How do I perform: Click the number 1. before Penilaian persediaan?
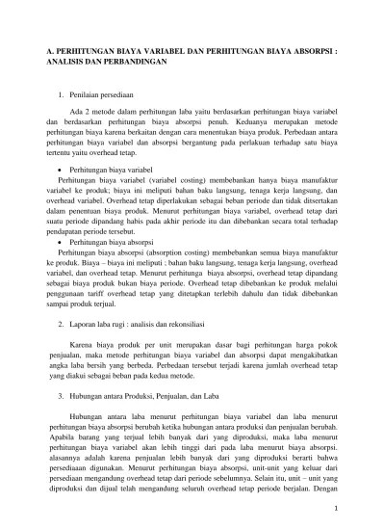point(62,96)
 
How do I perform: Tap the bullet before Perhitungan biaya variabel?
point(62,169)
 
